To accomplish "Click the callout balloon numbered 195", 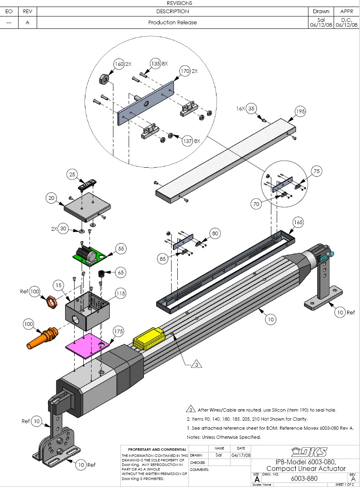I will tap(300, 112).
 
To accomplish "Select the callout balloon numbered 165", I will tap(298, 222).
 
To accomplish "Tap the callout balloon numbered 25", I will tap(72, 175).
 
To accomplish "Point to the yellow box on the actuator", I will tap(148, 338).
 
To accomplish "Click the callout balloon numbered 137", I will tap(187, 140).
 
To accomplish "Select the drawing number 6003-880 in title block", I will tap(304, 478).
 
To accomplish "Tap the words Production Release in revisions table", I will tap(172, 23).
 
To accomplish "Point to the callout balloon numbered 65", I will tap(120, 272).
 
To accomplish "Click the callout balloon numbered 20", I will tap(52, 198).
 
